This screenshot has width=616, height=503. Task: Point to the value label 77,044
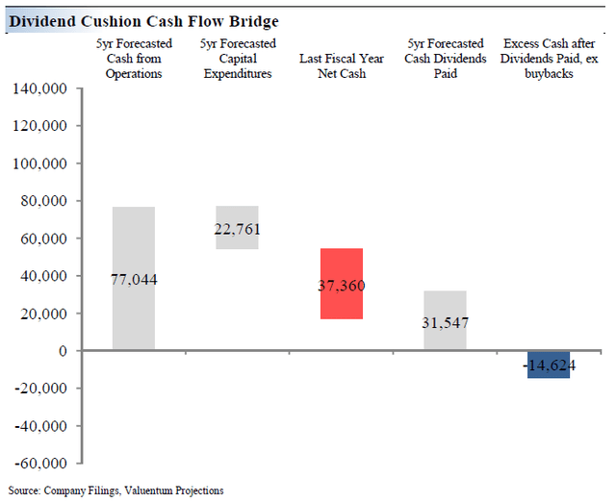click(x=134, y=280)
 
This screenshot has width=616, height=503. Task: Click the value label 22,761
click(x=237, y=229)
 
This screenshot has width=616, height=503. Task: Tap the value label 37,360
click(x=342, y=286)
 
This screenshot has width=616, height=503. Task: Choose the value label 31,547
click(x=445, y=322)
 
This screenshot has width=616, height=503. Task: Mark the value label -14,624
click(x=549, y=365)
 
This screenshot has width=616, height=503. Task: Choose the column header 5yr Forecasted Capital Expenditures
click(x=238, y=59)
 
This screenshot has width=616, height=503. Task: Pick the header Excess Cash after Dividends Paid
click(x=549, y=59)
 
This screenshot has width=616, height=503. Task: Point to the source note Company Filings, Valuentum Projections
click(x=115, y=490)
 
